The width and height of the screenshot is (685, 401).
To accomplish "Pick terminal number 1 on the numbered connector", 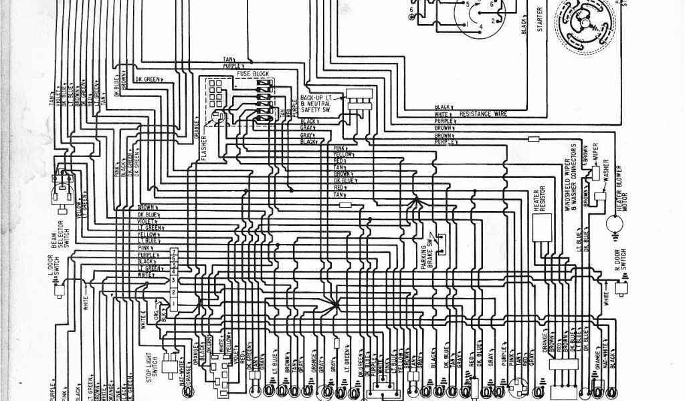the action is [x=173, y=304].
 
